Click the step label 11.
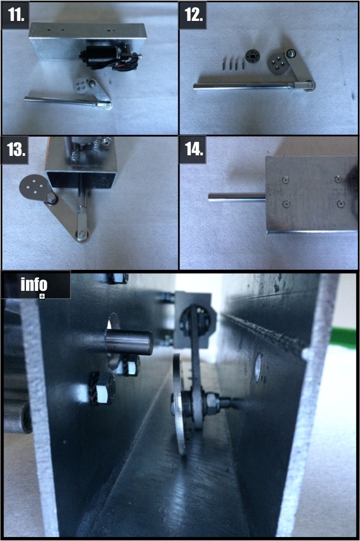16,15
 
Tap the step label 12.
194,15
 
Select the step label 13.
16,150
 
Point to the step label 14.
194,149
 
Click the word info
34,284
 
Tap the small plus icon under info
42,296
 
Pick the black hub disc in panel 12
252,56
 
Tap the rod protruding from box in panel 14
237,197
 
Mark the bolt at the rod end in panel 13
82,234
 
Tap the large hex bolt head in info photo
103,388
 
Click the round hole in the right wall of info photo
258,368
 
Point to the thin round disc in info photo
179,404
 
